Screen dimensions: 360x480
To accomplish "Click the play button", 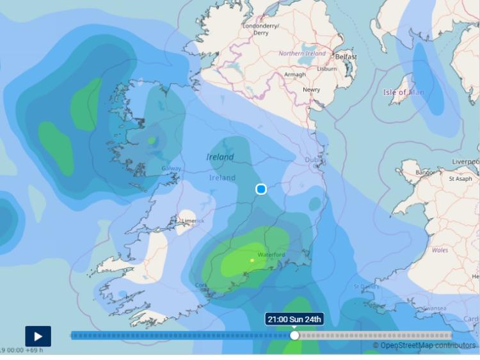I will click(38, 336).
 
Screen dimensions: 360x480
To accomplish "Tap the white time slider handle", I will click(294, 335).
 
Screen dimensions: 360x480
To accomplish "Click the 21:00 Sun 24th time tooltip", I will click(294, 319).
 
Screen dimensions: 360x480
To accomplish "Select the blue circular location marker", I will click(261, 189).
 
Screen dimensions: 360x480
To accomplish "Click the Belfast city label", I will click(346, 57).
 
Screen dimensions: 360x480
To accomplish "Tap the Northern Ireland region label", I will click(302, 54).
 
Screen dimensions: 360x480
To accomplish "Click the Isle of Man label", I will click(404, 93).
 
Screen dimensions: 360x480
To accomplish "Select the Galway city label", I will click(172, 169).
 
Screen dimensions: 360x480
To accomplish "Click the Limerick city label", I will click(193, 221).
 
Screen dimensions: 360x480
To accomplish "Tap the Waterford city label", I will click(271, 254).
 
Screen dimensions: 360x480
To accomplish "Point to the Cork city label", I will click(202, 285).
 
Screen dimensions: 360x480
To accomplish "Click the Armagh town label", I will click(295, 75).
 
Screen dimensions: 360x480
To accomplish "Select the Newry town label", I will click(312, 90).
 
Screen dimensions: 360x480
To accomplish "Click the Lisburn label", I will click(327, 68).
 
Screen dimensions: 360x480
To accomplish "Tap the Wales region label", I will click(440, 250).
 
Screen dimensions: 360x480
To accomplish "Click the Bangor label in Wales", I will click(425, 173).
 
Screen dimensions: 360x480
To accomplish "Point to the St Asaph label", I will click(460, 179).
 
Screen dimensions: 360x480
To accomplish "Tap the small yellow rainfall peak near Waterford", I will click(252, 260).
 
